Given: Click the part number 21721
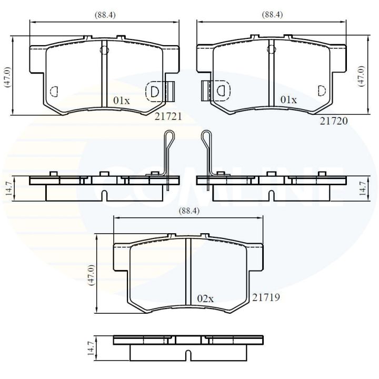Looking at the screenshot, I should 168,117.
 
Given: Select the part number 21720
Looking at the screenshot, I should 334,121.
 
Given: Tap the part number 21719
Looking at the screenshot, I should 266,297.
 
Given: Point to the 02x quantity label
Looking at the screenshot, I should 205,298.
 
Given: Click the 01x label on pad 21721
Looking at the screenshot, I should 122,99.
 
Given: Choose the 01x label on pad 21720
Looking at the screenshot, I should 288,99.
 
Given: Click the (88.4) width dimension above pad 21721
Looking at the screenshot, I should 105,15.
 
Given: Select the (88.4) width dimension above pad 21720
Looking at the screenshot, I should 272,15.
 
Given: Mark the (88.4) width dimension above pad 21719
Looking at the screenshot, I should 189,211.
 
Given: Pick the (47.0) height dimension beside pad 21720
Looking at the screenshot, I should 361,76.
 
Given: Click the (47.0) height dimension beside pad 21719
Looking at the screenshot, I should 91,274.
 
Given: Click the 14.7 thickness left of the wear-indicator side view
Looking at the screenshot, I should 7,188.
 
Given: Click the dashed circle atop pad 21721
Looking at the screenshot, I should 104,51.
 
